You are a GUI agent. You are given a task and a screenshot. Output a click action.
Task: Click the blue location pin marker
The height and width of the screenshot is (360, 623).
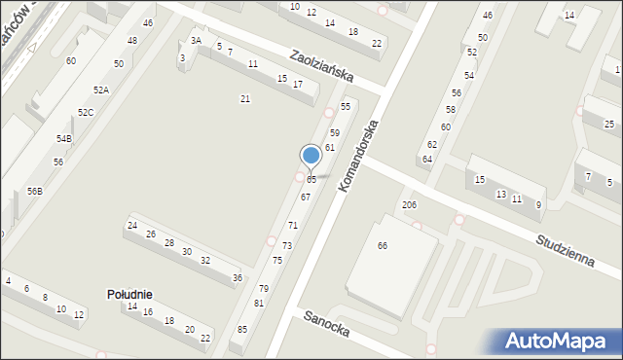(x=311, y=156)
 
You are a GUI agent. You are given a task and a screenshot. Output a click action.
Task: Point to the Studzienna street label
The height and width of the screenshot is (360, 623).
(x=566, y=254)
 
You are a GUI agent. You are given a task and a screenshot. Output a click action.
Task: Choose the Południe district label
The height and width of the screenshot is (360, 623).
(x=129, y=294)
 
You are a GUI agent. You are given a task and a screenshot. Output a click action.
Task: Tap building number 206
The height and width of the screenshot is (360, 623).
(x=409, y=205)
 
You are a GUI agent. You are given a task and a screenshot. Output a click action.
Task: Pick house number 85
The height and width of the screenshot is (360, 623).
(x=242, y=330)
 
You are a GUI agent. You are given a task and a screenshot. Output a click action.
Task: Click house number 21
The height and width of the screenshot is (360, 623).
(x=245, y=98)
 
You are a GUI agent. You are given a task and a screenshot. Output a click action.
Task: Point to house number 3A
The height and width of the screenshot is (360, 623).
(x=196, y=40)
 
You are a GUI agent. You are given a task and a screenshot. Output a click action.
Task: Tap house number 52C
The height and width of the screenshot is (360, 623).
(x=86, y=113)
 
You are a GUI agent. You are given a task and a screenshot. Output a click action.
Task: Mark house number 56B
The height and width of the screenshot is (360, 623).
(x=34, y=192)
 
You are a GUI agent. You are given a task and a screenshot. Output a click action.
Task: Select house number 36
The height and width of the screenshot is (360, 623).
(x=238, y=278)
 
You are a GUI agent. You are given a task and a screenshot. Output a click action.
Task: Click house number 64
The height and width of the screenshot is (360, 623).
(x=426, y=159)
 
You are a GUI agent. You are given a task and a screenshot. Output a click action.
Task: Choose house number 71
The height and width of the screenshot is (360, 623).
(x=292, y=226)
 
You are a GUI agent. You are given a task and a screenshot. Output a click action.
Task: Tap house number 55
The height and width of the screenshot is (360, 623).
(x=345, y=106)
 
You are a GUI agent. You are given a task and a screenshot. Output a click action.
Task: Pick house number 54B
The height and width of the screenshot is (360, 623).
(x=63, y=139)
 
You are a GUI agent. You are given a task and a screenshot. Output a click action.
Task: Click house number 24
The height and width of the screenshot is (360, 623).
(x=131, y=226)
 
